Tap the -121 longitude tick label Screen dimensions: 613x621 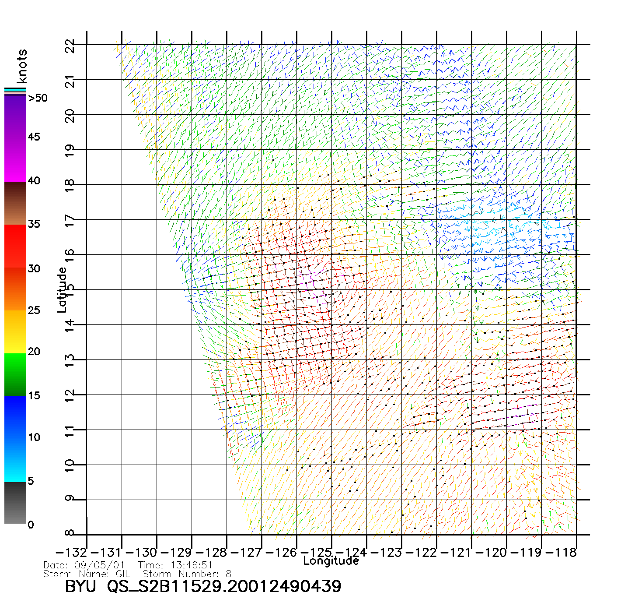click(x=455, y=552)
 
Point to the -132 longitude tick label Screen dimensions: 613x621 click(x=71, y=552)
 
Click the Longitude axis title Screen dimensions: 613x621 click(x=331, y=561)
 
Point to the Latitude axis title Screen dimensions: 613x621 click(x=62, y=290)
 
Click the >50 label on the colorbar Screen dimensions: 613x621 click(x=38, y=98)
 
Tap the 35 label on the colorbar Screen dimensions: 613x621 click(x=34, y=224)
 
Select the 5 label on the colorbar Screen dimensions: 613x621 click(x=31, y=481)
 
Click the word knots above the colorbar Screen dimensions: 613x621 click(x=22, y=66)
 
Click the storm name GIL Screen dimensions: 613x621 click(x=123, y=574)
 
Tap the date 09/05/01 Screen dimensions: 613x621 click(x=100, y=565)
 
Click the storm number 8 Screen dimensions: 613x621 click(x=228, y=574)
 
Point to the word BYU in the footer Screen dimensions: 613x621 click(x=80, y=586)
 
